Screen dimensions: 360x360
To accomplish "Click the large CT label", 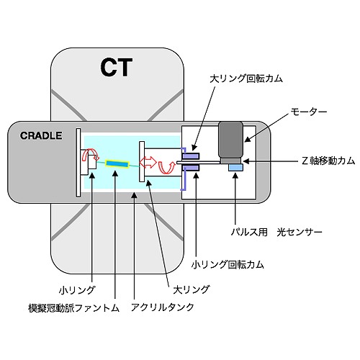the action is tap(117, 67).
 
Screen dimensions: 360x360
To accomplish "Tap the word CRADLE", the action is tap(41, 136).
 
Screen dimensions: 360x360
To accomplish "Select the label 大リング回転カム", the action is tap(246, 78).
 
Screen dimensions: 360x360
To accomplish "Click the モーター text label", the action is tap(309, 112).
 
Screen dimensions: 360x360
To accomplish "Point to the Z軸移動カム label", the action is tap(328, 161).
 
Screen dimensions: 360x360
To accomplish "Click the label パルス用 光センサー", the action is tap(276, 232).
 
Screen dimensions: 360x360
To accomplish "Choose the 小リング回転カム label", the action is tap(228, 265).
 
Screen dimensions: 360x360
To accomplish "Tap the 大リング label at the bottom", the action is tap(192, 289).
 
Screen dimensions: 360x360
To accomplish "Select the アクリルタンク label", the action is tap(163, 307).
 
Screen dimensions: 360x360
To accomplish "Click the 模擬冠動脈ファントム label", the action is tap(74, 308).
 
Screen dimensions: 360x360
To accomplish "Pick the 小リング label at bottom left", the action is tap(77, 290).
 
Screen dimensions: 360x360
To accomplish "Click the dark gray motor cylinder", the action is tap(230, 140).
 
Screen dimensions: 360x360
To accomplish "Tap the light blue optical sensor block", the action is tap(235, 168).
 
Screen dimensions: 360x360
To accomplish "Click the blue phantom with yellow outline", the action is tap(117, 163).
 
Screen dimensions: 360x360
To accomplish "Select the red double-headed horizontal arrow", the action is tap(148, 162).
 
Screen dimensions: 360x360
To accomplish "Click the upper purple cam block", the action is tap(191, 156).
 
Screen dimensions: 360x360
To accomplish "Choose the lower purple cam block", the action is tap(191, 168).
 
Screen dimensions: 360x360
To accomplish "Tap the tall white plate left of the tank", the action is tap(78, 163).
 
